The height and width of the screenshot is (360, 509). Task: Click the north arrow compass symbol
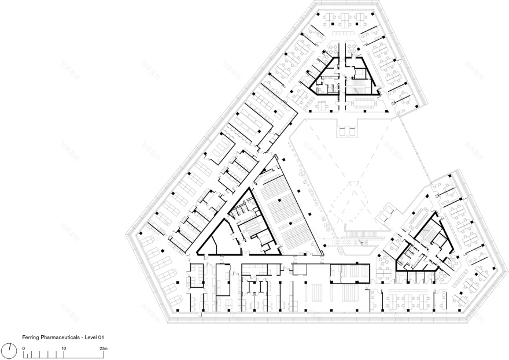coord(10,351)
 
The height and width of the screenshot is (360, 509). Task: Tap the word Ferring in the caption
coord(31,336)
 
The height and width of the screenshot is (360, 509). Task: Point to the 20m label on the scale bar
coord(104,348)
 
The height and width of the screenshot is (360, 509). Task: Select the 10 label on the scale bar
coord(64,348)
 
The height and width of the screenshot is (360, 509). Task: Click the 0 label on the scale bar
coord(24,348)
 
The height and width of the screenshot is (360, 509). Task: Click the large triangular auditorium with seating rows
coord(283,214)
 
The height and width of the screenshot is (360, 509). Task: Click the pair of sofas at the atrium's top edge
coord(345,132)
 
